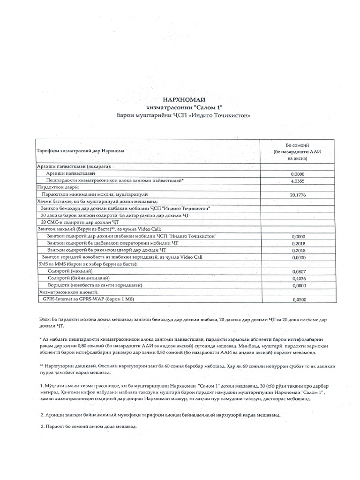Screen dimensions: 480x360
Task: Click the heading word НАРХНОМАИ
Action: pyautogui.click(x=184, y=100)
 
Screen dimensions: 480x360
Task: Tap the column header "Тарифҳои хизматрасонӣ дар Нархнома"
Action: pyautogui.click(x=81, y=151)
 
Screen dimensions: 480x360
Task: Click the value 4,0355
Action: pyautogui.click(x=298, y=180)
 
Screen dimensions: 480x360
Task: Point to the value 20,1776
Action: pyautogui.click(x=298, y=194)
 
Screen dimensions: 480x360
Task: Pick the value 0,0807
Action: pyautogui.click(x=298, y=271)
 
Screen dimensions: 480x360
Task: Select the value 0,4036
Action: pyautogui.click(x=298, y=278)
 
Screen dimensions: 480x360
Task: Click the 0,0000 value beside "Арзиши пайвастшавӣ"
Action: pyautogui.click(x=298, y=173)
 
